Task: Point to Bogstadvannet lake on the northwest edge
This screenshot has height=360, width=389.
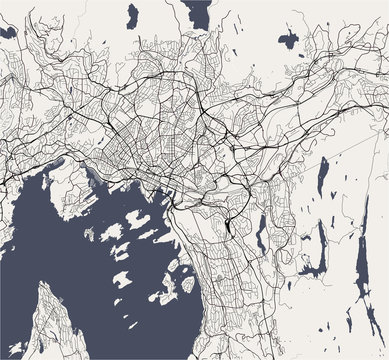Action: coord(7,32)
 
